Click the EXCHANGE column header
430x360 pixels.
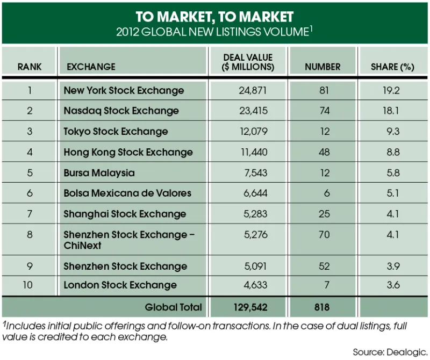tap(91, 67)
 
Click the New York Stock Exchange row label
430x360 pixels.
tap(124, 90)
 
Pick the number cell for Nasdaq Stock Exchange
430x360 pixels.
tap(324, 111)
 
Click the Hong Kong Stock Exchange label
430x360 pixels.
tap(128, 152)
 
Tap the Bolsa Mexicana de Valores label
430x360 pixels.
tap(127, 193)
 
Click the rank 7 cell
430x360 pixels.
tap(30, 214)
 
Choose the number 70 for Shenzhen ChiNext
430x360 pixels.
tap(324, 235)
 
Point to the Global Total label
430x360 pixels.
tap(173, 307)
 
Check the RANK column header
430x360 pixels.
tap(30, 67)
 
